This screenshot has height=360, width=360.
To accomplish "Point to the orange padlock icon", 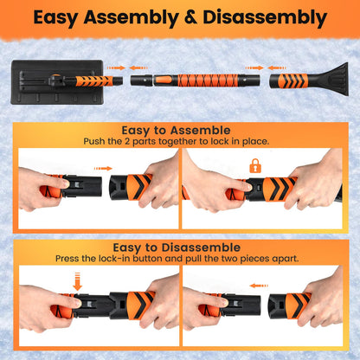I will coord(254,165).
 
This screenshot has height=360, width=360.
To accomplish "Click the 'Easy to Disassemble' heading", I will coord(179,247).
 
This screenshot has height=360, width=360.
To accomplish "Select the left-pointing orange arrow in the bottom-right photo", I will coord(256,284).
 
